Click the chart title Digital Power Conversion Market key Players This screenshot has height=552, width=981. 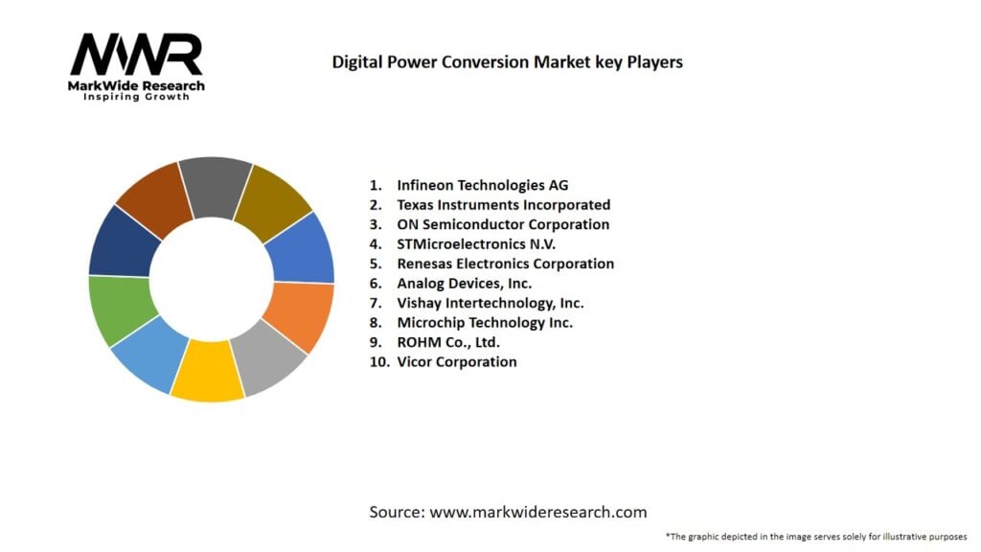click(x=507, y=62)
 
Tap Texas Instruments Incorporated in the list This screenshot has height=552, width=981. click(x=503, y=205)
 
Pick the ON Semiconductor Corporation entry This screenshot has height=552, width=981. click(x=503, y=224)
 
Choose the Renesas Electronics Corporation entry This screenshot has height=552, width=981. click(x=505, y=264)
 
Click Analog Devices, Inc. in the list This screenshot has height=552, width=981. click(x=464, y=284)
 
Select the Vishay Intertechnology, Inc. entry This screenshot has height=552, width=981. click(x=490, y=303)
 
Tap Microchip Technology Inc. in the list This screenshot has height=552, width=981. click(x=485, y=323)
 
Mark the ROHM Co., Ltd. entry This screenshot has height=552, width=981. click(x=448, y=342)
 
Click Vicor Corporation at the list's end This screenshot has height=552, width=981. click(x=456, y=362)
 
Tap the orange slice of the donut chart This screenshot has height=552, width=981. click(x=301, y=315)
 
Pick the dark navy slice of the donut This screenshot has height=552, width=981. click(x=122, y=241)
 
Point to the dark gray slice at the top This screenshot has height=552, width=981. click(x=215, y=183)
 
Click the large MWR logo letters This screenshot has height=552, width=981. click(x=137, y=56)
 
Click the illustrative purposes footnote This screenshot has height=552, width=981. click(x=815, y=537)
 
